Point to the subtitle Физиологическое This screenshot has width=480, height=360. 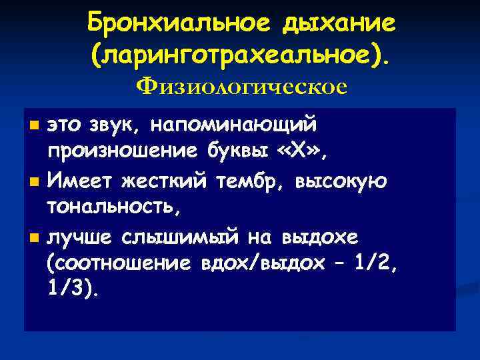[241, 87]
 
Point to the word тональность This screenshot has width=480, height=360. [111, 207]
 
